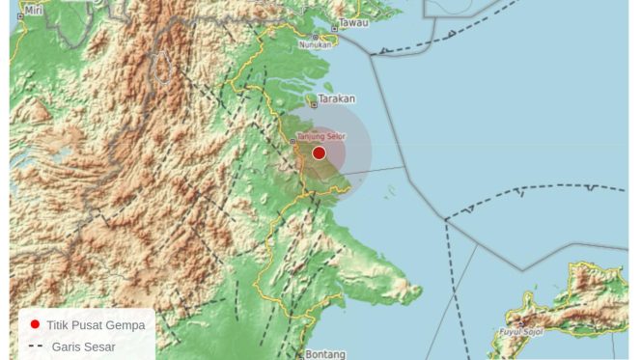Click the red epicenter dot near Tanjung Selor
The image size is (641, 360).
click(319, 152)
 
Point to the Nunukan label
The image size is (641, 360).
click(315, 44)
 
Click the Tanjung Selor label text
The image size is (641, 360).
click(320, 136)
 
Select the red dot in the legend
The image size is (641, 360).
click(36, 325)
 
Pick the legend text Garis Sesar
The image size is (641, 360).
click(84, 346)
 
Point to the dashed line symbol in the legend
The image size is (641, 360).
click(36, 346)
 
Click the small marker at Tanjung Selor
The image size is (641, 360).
click(293, 143)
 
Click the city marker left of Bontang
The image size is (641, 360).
click(302, 354)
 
